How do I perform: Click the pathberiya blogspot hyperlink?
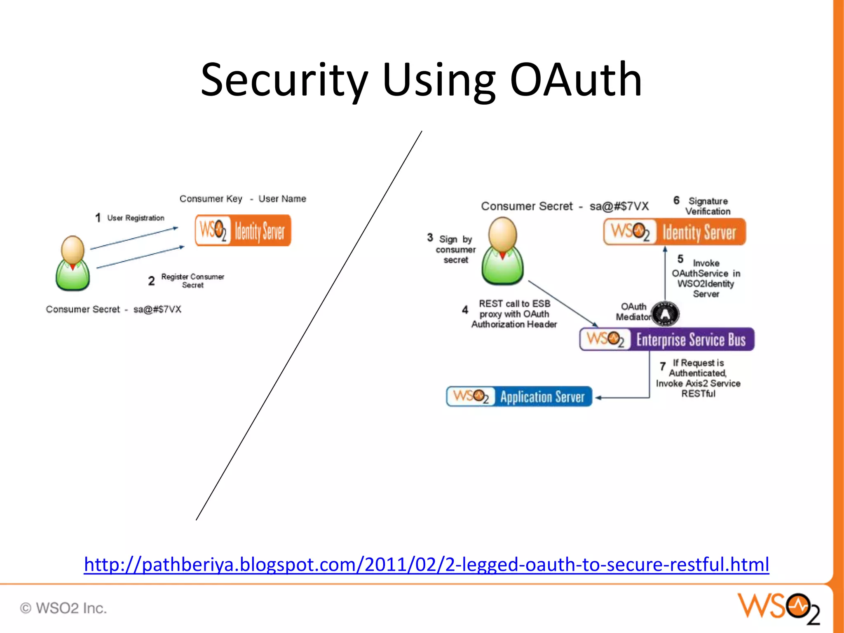[426, 564]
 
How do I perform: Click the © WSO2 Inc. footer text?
[63, 608]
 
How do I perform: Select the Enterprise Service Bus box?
[666, 339]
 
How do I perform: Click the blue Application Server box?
[519, 396]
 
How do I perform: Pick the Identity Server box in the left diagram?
[243, 230]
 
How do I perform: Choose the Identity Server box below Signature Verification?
[674, 232]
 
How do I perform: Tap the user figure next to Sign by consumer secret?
[502, 251]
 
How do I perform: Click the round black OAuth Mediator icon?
[665, 314]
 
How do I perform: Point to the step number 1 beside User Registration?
[98, 218]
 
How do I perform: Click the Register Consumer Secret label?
[192, 281]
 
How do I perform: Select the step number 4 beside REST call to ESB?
[465, 309]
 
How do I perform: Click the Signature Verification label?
[708, 206]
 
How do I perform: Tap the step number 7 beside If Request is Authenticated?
[662, 366]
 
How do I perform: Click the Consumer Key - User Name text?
[243, 199]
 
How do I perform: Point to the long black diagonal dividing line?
[309, 326]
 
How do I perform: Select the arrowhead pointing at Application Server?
[599, 398]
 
